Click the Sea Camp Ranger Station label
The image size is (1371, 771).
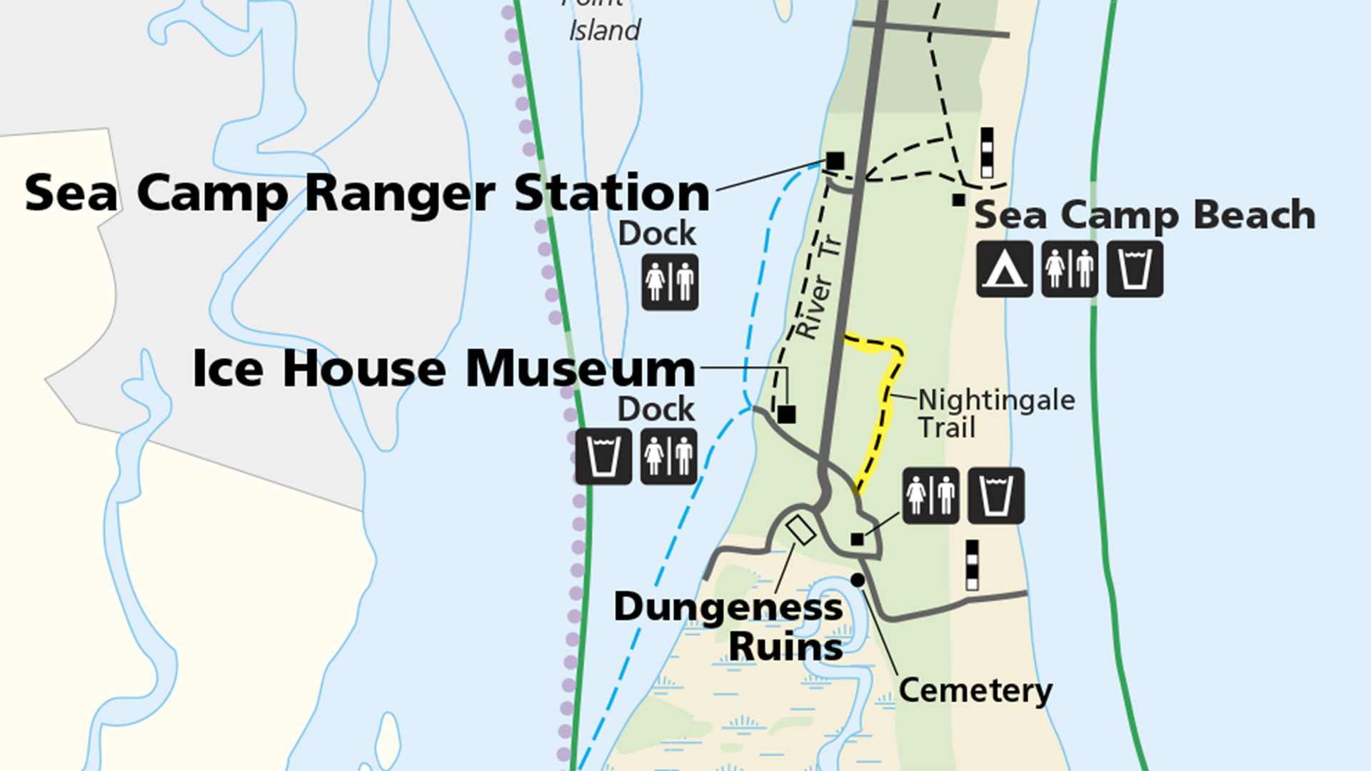click(x=367, y=193)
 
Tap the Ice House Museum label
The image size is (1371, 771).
click(x=443, y=369)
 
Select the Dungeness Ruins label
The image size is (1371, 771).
click(x=728, y=627)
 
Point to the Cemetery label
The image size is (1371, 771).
click(x=975, y=690)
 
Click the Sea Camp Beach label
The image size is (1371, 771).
click(x=1145, y=215)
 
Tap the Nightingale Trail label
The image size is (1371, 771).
click(x=995, y=413)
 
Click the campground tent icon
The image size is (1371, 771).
click(x=1004, y=269)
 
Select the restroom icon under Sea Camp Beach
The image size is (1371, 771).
click(x=1069, y=269)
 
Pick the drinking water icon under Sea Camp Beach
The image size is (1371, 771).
click(x=1135, y=269)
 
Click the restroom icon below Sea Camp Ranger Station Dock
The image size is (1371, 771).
click(x=670, y=282)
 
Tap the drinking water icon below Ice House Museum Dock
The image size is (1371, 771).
click(x=603, y=456)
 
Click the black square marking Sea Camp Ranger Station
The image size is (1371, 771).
click(x=835, y=161)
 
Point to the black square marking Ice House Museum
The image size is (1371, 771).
click(x=786, y=414)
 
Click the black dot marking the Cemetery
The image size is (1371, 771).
click(x=858, y=580)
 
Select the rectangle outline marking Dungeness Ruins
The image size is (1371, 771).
click(x=800, y=530)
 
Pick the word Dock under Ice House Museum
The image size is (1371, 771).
click(x=656, y=409)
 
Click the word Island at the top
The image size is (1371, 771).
click(x=604, y=31)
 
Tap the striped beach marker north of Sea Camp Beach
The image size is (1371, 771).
click(x=987, y=152)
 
